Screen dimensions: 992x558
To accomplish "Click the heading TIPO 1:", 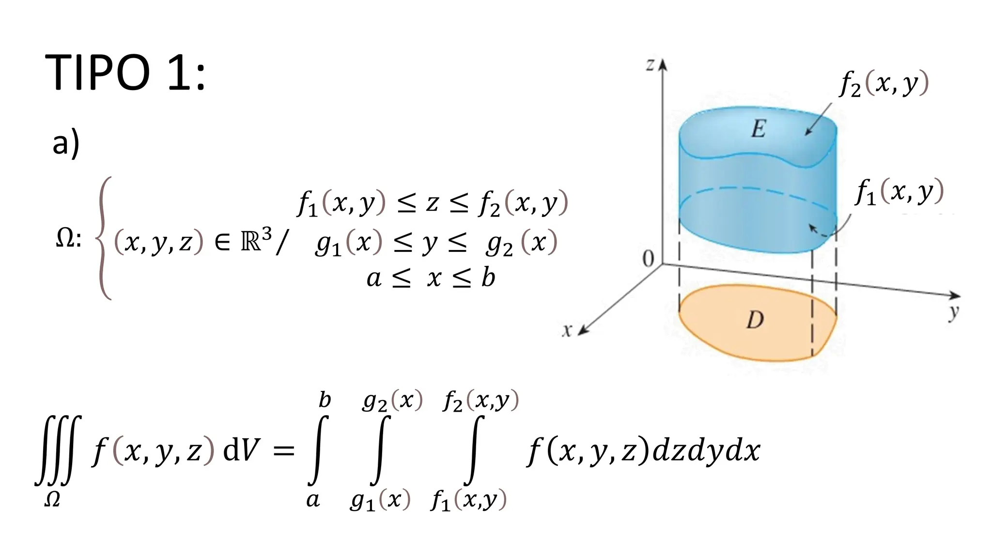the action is tap(125, 73).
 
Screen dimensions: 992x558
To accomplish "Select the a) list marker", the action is tap(66, 143).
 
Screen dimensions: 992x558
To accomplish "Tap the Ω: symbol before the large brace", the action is tap(68, 238).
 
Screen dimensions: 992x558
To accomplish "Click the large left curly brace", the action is tap(103, 238).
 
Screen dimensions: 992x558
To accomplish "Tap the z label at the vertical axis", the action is tap(651, 64).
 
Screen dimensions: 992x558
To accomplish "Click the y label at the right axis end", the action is tap(954, 313).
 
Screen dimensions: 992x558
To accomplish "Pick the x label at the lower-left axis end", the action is tap(567, 330).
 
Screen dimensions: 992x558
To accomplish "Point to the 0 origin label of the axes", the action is tap(648, 260).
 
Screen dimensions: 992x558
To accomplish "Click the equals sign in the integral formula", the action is tap(283, 451).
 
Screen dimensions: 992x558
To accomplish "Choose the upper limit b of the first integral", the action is tap(325, 400).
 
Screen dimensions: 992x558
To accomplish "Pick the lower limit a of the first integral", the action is tap(313, 500).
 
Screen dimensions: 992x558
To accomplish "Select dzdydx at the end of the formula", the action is tap(706, 451).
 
